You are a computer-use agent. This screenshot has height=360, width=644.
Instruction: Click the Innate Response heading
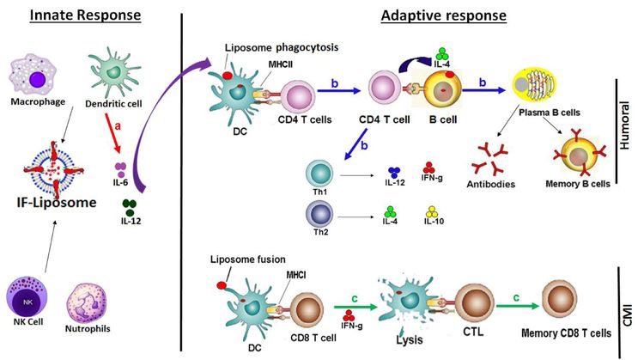[85, 15]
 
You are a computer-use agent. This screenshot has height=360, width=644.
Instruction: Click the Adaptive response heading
[444, 15]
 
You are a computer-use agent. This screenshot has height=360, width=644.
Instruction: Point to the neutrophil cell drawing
[87, 303]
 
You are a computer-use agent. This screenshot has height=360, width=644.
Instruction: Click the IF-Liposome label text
[57, 202]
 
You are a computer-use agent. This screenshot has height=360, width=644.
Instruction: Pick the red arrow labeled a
[113, 133]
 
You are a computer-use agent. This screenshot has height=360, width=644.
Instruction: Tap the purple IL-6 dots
[120, 170]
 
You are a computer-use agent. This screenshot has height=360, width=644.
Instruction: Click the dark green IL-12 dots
[130, 208]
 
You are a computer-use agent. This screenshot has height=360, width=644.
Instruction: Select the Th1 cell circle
[319, 174]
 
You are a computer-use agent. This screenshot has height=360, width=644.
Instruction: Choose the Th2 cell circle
[319, 214]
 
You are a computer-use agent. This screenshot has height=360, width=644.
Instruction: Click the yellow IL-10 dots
[432, 211]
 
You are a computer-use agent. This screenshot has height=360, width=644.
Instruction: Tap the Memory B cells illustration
[580, 156]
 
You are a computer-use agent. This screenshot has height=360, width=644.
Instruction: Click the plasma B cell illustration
[533, 86]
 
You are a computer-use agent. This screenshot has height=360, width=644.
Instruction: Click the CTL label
[473, 332]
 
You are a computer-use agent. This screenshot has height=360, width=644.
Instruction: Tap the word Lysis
[410, 340]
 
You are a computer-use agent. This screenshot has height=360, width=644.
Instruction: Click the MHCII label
[281, 64]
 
